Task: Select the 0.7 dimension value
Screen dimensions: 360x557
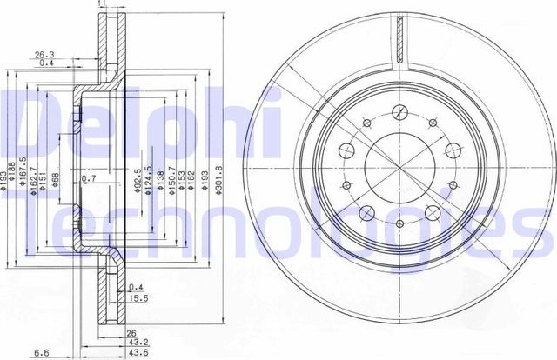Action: point(88,178)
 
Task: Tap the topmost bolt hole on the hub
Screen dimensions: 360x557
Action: point(400,111)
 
